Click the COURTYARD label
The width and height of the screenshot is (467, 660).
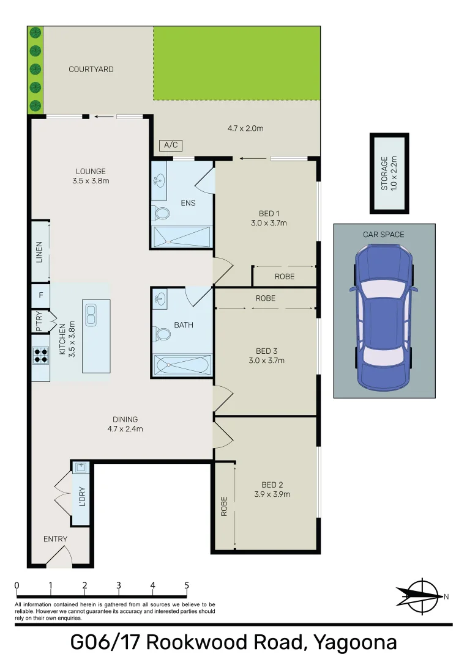click(x=91, y=69)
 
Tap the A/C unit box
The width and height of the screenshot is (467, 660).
click(x=171, y=145)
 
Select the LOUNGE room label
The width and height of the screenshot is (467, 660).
click(x=91, y=171)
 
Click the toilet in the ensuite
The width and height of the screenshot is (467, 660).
click(x=160, y=213)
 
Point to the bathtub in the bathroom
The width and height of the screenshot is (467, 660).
click(x=182, y=364)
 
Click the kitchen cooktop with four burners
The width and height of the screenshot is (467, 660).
click(x=40, y=355)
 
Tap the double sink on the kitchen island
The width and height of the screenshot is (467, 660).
click(x=91, y=315)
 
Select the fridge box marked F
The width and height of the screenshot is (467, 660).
click(x=41, y=295)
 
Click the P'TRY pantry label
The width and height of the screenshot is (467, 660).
click(x=39, y=321)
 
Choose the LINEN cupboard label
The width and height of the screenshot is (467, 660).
click(x=39, y=252)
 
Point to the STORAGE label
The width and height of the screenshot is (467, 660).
click(x=384, y=174)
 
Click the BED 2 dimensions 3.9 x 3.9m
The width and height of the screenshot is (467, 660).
click(x=272, y=494)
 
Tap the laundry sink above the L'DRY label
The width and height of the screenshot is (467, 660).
click(x=81, y=468)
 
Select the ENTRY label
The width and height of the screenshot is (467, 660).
click(x=55, y=539)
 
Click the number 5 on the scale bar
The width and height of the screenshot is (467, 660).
click(x=187, y=585)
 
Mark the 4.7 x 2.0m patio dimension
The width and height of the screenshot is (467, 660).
click(x=245, y=128)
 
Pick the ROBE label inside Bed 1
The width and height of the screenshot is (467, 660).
click(x=285, y=277)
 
